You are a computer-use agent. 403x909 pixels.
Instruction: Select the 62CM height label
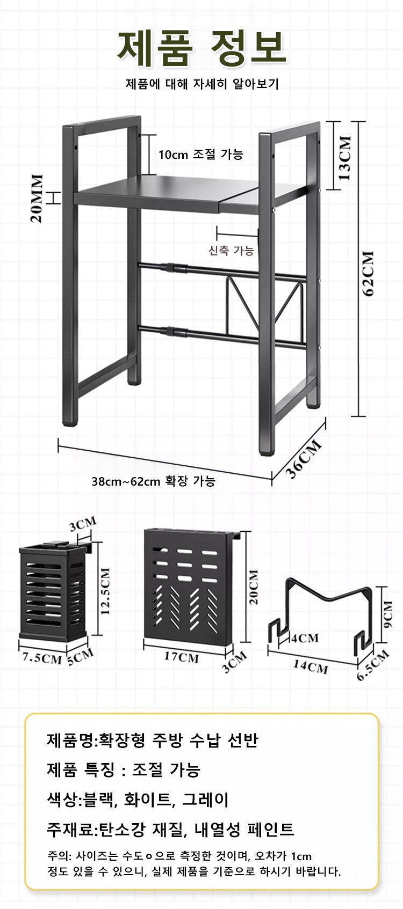(x=368, y=274)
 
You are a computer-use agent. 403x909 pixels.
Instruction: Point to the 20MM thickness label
(x=37, y=199)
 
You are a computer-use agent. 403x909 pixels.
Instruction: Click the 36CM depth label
(x=304, y=459)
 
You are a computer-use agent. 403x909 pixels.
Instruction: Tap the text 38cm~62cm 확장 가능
(x=154, y=481)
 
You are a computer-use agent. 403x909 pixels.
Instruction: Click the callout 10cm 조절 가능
(x=200, y=155)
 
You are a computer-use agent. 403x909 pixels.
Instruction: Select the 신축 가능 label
(x=232, y=251)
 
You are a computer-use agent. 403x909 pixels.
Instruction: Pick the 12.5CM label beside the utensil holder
(x=106, y=591)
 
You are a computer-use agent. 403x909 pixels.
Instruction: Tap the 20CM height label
(x=254, y=587)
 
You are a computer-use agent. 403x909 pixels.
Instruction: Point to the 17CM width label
(x=181, y=657)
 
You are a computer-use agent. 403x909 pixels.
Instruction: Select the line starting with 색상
(x=138, y=800)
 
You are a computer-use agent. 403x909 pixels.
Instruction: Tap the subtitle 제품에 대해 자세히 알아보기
(x=202, y=84)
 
